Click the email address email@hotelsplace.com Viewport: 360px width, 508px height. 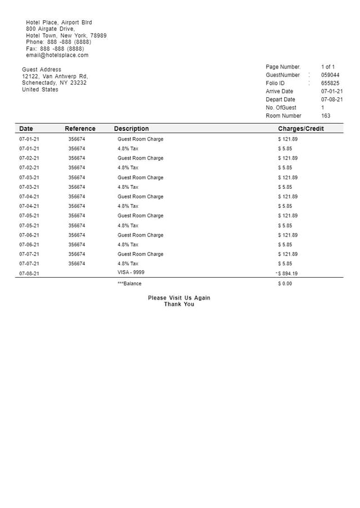(57, 55)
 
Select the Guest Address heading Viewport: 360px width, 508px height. (42, 70)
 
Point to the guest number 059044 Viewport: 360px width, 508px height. (330, 75)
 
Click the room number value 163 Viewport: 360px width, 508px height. (326, 116)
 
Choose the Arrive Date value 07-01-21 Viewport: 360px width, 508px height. (332, 91)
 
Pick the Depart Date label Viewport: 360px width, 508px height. (280, 99)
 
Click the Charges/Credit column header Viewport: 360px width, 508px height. (301, 129)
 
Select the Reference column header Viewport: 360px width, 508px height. (80, 129)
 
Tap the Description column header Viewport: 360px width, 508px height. (131, 129)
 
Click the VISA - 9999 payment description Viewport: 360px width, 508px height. (130, 272)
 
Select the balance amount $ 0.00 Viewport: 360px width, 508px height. (285, 284)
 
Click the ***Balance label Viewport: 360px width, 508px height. (129, 284)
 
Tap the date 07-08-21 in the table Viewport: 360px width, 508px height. (29, 274)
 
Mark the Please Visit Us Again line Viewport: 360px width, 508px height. (179, 298)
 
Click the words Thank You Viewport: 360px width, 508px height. (179, 304)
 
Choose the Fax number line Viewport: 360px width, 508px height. (55, 48)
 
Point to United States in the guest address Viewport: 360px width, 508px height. (40, 89)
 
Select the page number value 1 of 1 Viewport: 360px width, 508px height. (327, 67)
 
